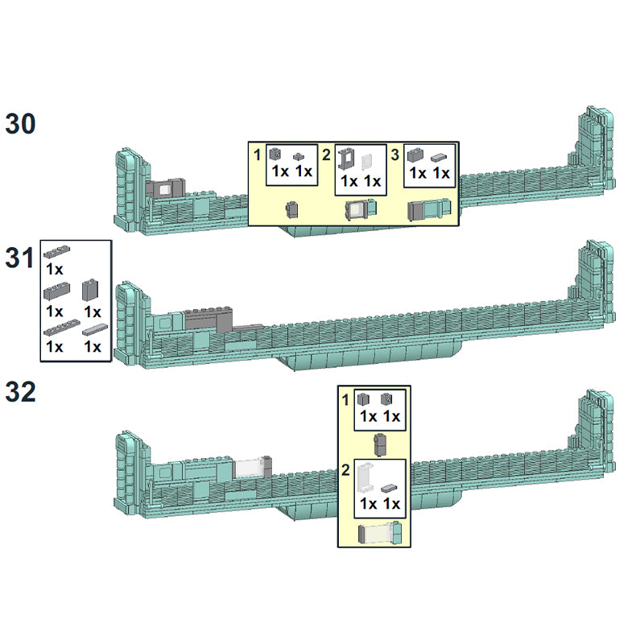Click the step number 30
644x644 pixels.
[21, 124]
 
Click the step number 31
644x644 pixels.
[19, 258]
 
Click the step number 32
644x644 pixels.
[21, 392]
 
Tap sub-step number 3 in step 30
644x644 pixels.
[394, 155]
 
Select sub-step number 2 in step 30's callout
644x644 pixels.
[326, 155]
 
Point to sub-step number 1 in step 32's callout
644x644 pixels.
[345, 399]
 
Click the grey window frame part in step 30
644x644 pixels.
[346, 159]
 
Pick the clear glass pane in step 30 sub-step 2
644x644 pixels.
[367, 163]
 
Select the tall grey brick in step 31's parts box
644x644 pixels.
[90, 290]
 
